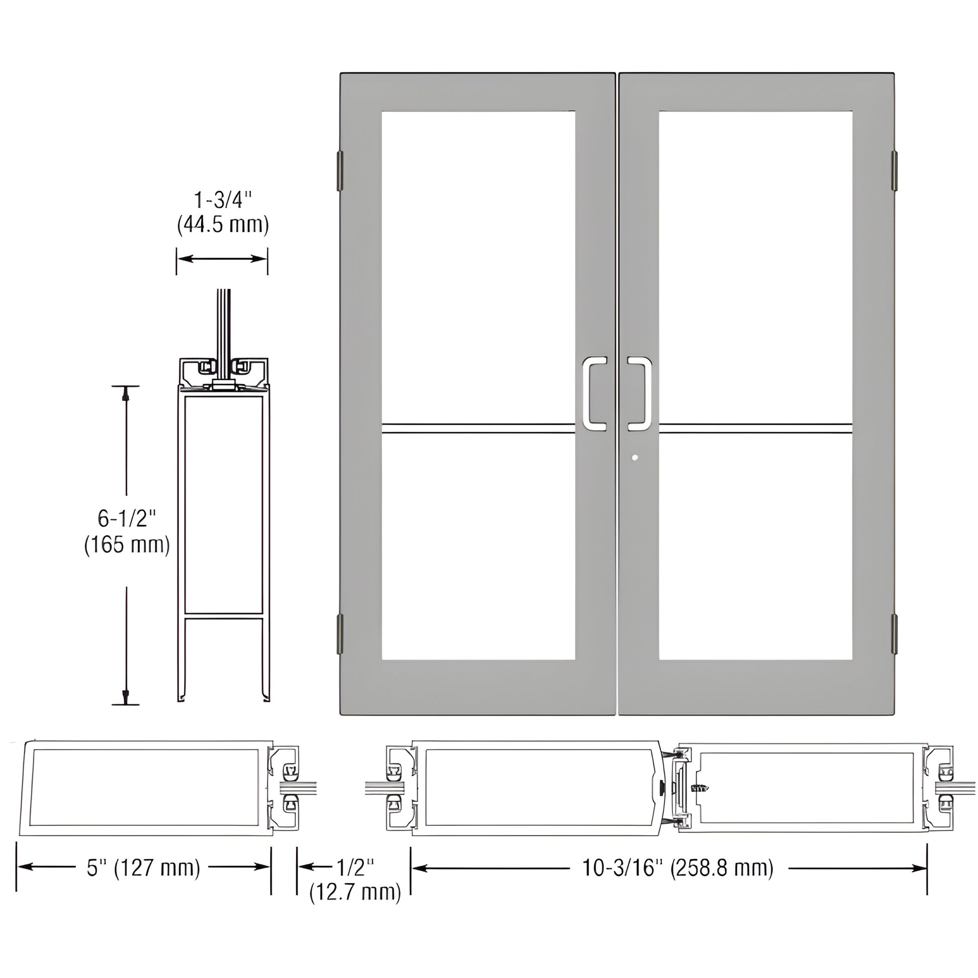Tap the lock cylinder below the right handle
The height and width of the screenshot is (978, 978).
[635, 458]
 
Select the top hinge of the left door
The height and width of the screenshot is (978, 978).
[340, 170]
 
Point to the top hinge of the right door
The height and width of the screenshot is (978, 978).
[894, 170]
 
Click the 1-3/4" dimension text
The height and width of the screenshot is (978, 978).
[223, 200]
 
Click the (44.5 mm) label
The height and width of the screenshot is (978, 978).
[223, 224]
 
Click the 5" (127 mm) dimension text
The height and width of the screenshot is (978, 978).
[144, 867]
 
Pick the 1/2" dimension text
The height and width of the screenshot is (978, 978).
[355, 867]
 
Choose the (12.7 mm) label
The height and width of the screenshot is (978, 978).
[355, 892]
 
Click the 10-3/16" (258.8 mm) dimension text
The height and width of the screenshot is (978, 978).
[678, 867]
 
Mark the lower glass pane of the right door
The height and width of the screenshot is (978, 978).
[755, 547]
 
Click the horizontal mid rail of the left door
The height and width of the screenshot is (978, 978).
[478, 428]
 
